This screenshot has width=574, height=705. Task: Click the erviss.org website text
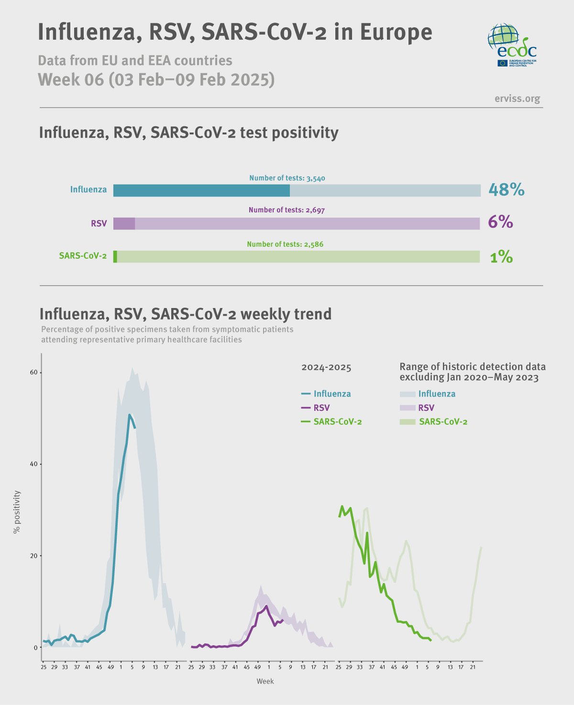(x=517, y=99)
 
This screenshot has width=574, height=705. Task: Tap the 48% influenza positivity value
(x=506, y=190)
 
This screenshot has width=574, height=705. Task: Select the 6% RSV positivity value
(x=500, y=222)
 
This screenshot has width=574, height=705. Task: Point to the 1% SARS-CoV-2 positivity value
(x=501, y=257)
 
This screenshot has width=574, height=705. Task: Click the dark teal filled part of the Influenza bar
(x=201, y=190)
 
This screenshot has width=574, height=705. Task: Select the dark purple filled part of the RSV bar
(x=124, y=223)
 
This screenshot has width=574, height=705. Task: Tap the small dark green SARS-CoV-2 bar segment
(x=115, y=257)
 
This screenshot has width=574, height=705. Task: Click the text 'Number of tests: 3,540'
(x=287, y=178)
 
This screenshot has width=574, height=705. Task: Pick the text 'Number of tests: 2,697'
(x=287, y=210)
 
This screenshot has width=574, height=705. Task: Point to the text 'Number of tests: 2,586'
(x=285, y=244)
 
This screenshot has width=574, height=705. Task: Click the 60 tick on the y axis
(x=33, y=373)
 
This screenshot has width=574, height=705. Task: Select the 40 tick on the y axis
(x=33, y=464)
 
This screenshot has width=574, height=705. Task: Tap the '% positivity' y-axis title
(x=17, y=512)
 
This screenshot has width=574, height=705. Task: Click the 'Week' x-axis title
(x=265, y=681)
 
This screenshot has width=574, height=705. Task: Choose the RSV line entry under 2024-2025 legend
(x=315, y=408)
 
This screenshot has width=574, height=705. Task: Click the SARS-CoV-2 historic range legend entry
(x=433, y=421)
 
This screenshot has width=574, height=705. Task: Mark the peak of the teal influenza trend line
(x=129, y=415)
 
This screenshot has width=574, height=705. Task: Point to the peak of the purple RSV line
(x=266, y=606)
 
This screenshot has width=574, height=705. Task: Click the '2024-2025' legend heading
(x=326, y=367)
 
